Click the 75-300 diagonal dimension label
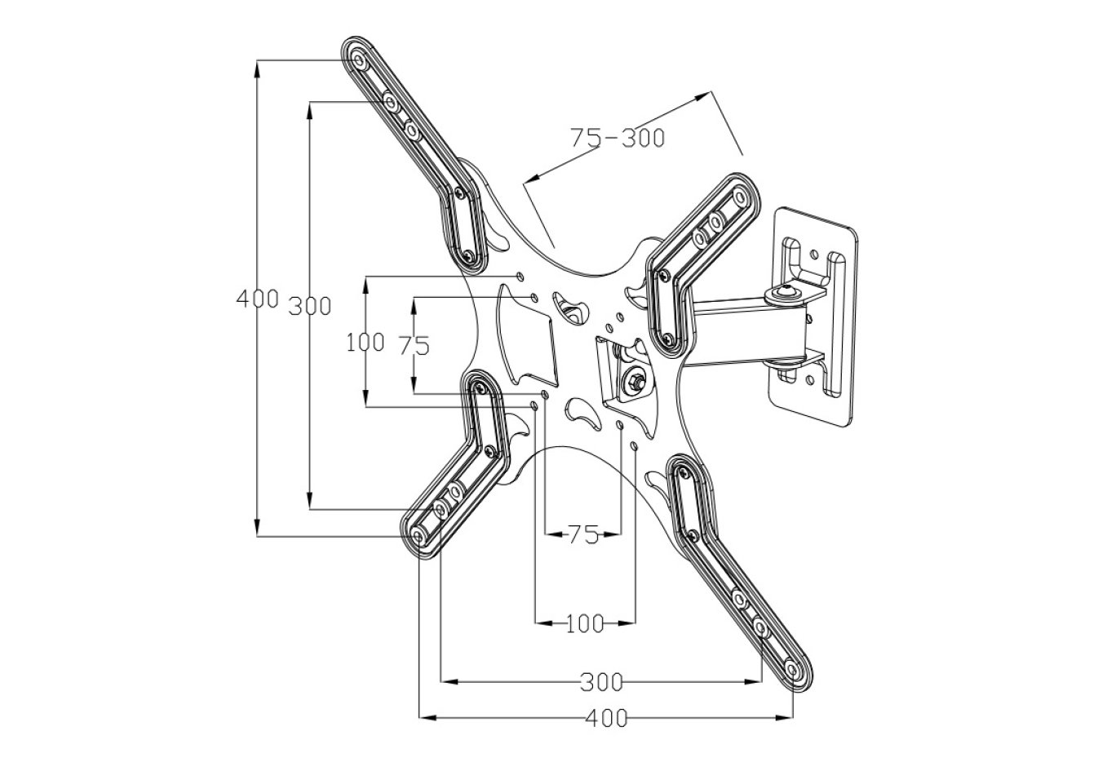coord(617,138)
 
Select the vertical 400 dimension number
coord(257,299)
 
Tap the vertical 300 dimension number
coord(310,306)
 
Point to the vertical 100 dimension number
coord(365,343)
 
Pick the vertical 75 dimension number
coord(414,346)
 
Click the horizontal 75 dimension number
coord(583,535)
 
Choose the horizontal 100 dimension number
coord(584,625)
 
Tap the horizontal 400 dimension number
coord(607,719)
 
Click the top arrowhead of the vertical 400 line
coord(258,66)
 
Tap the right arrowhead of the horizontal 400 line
coord(787,718)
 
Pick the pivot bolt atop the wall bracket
coord(786,290)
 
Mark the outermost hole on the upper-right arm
coord(740,197)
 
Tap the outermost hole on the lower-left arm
coord(418,536)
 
